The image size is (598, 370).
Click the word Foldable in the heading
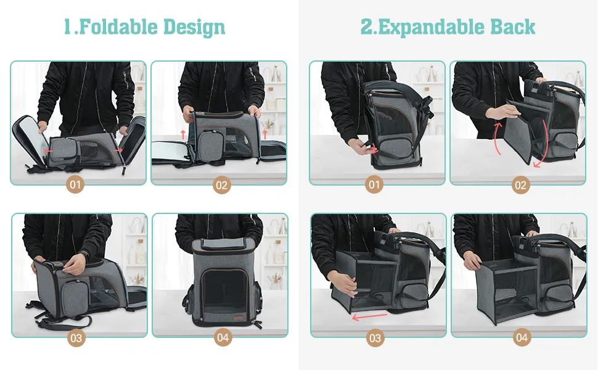(x=118, y=27)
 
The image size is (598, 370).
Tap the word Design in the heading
(x=194, y=28)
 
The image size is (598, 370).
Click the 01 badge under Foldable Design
(x=75, y=185)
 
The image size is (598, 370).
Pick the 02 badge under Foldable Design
(x=221, y=185)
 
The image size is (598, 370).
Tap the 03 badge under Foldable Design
(x=76, y=338)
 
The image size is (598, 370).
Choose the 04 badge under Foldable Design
(x=223, y=337)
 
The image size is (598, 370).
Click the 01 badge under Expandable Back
(x=374, y=185)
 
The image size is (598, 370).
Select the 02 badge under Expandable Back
(x=520, y=185)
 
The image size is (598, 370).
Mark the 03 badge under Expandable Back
(x=375, y=338)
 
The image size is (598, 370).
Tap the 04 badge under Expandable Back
(x=522, y=337)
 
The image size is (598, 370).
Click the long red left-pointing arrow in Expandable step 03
(x=369, y=316)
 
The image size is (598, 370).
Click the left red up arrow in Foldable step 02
(x=183, y=134)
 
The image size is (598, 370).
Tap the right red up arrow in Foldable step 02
(x=264, y=134)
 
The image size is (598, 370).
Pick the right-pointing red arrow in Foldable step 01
(x=118, y=150)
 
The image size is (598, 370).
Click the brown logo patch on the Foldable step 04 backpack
(x=239, y=318)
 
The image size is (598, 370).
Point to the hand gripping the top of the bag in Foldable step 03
(x=75, y=263)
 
